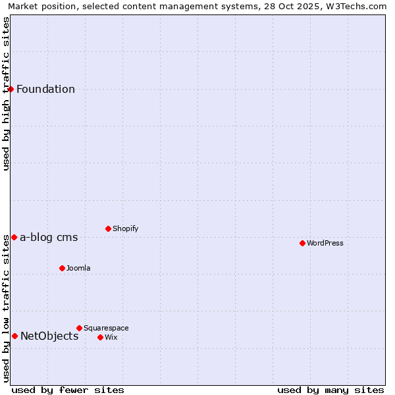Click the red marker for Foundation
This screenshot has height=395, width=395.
[x=11, y=89]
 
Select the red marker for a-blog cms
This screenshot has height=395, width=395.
[x=14, y=237]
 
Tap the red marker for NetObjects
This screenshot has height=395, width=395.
[x=14, y=336]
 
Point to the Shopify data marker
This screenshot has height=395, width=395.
[x=108, y=228]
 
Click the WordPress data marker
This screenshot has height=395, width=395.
[x=302, y=243]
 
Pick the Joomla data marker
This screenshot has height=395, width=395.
[x=62, y=268]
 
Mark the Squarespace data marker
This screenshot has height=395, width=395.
[x=79, y=328]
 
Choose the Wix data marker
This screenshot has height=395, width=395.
[x=100, y=337]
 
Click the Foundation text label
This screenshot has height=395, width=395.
[x=45, y=90]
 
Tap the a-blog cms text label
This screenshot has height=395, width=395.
[x=49, y=238]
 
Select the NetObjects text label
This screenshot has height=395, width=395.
[x=49, y=336]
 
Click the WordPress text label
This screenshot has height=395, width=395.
[x=325, y=244]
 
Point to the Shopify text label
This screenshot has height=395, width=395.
[x=126, y=229]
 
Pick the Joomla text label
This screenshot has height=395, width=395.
[x=78, y=269]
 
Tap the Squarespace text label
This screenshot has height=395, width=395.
[x=106, y=329]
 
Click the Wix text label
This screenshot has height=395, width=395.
[x=111, y=338]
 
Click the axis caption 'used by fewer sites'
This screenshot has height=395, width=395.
[x=68, y=390]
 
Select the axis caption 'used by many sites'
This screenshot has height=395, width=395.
[x=330, y=390]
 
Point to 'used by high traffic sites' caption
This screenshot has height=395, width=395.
[x=7, y=93]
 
